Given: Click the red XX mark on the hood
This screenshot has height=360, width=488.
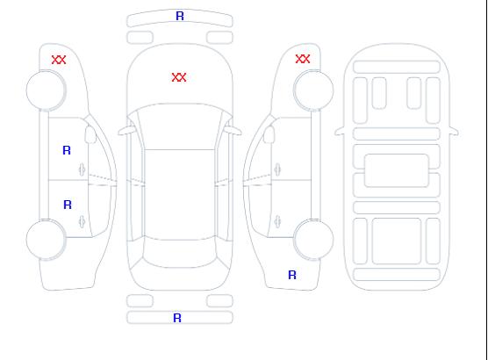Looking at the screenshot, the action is click(179, 77).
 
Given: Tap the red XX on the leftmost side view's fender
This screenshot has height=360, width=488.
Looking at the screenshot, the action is click(59, 60).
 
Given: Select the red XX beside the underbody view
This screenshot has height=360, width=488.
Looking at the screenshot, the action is click(303, 59).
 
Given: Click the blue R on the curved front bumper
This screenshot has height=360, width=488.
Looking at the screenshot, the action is click(180, 16).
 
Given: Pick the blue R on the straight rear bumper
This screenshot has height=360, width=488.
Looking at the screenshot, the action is click(177, 318).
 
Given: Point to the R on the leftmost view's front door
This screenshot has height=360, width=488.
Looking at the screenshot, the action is click(67, 150).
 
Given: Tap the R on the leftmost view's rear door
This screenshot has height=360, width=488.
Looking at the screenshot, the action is click(68, 205).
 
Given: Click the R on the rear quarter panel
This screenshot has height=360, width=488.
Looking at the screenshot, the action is click(292, 275).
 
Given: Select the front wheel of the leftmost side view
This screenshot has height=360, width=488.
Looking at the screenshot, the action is click(46, 90).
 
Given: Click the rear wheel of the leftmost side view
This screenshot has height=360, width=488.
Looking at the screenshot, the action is click(46, 240).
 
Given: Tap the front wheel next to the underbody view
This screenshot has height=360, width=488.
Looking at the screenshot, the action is click(313, 90).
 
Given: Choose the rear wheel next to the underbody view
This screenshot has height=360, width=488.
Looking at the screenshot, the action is click(313, 240).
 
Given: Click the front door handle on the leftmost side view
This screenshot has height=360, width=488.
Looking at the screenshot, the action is click(83, 169).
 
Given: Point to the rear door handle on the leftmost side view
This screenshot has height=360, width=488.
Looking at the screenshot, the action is click(83, 221).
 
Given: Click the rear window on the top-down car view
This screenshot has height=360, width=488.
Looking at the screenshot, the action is click(180, 254).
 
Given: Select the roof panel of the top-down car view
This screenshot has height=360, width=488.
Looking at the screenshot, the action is click(180, 195).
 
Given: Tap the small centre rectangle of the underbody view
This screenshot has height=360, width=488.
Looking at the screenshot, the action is click(396, 170).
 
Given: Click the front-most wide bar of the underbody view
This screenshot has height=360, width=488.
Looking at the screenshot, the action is click(397, 67).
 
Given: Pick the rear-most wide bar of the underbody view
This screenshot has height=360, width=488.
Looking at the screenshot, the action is click(397, 274).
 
